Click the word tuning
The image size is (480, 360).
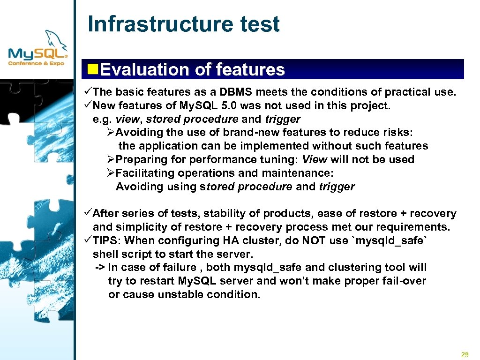276,160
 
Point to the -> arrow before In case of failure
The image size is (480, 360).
100,268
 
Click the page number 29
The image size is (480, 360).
465,354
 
